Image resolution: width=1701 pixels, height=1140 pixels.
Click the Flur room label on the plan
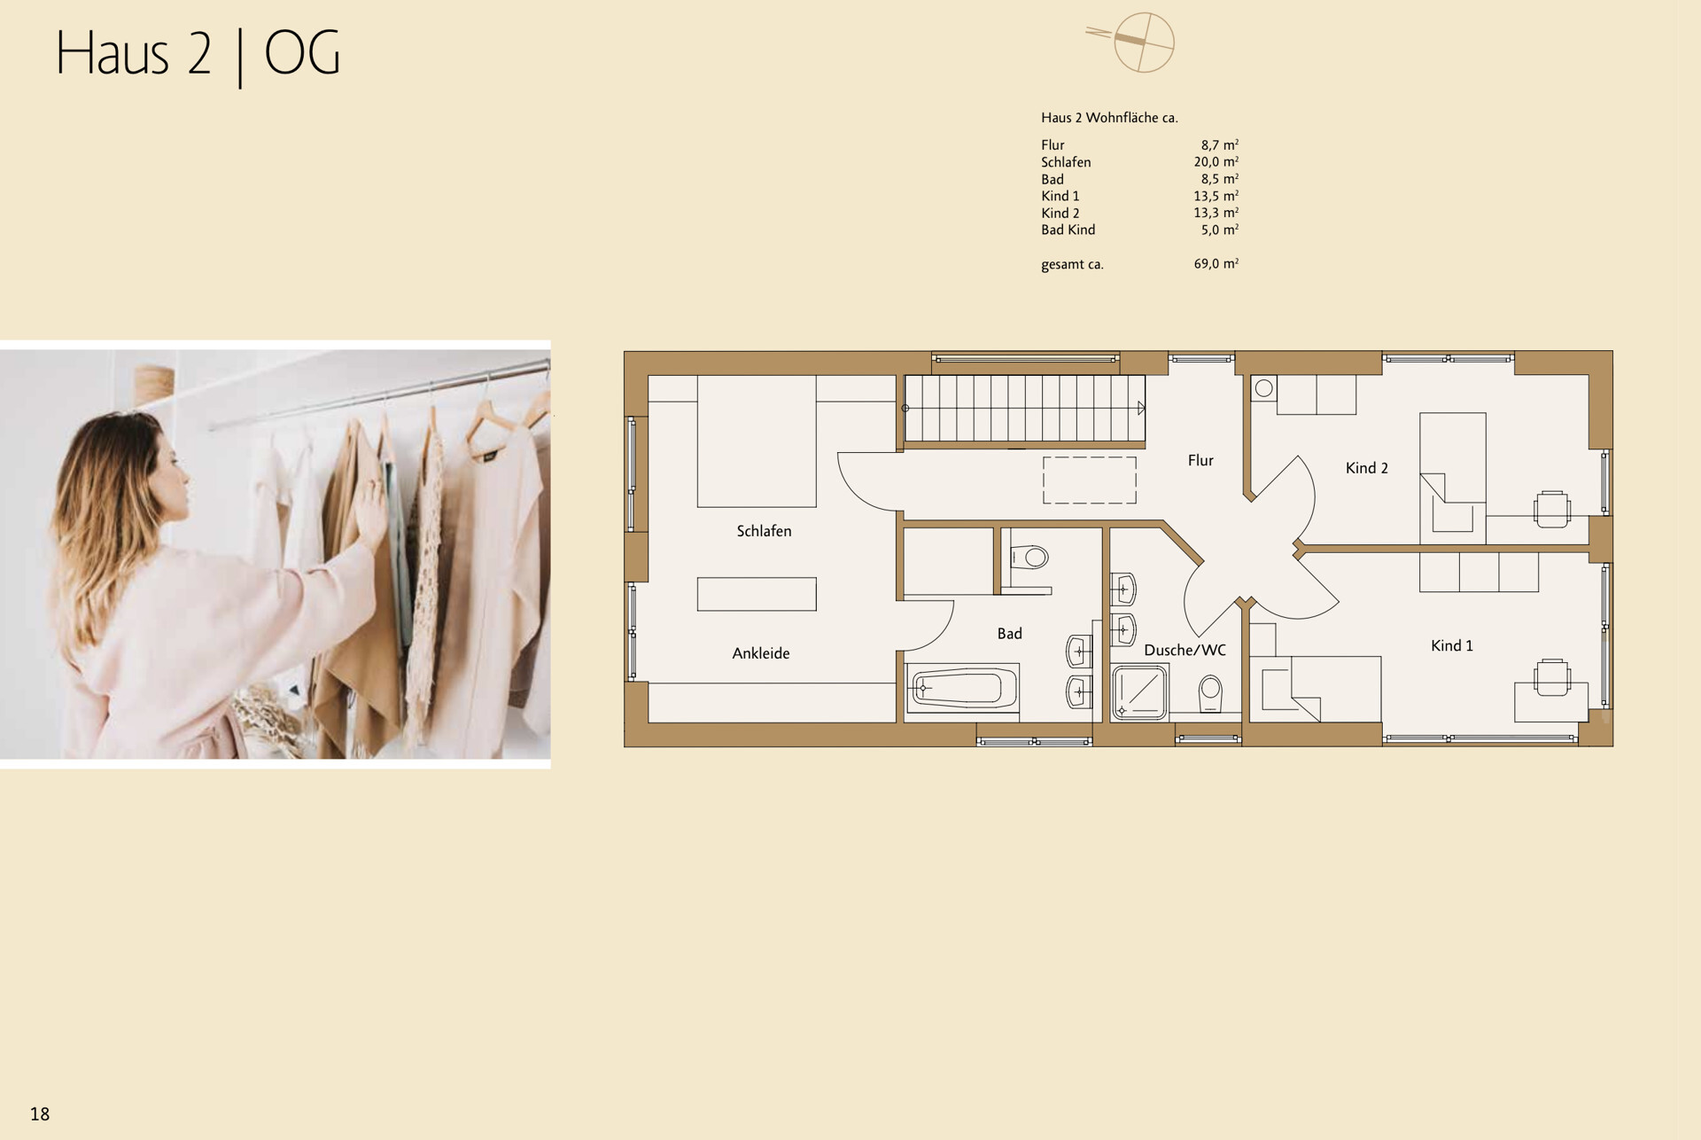1200,460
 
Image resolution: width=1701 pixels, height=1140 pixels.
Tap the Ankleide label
760,653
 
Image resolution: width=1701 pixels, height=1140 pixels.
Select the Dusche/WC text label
1184,651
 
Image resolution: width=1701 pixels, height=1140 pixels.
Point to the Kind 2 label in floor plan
1366,468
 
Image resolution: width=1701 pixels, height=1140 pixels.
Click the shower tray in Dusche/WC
1140,691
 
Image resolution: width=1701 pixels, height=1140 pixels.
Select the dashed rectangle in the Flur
1089,480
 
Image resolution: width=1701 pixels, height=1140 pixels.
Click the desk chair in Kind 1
1551,677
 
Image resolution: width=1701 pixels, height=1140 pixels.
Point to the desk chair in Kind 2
1551,509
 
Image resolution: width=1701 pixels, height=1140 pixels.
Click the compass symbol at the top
1143,42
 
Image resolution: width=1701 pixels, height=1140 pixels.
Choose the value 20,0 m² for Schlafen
1216,162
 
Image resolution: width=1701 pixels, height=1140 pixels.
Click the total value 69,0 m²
1216,264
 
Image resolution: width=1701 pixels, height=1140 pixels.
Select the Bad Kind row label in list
1068,230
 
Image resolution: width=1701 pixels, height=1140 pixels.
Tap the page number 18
40,1114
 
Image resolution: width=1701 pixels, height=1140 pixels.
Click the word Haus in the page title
112,54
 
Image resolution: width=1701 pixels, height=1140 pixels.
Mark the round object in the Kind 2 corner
1264,388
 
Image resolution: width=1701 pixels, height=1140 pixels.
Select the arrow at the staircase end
1141,408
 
